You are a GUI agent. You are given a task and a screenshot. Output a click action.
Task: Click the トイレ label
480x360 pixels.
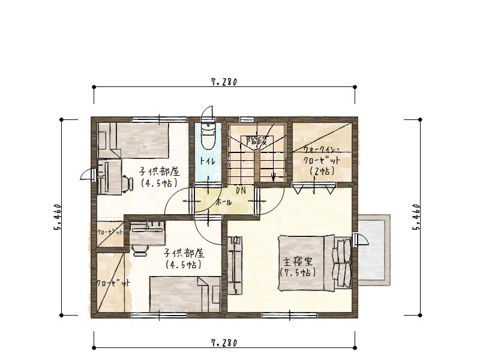coord(208,161)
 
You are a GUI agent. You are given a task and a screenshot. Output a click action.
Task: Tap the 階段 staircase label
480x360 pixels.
coord(257,141)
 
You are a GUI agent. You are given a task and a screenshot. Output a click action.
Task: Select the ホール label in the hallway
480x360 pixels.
coord(224,202)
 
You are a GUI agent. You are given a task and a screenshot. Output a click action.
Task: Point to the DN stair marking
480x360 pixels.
coord(241,190)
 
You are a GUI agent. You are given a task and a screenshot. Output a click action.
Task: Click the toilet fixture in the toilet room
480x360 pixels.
coord(208,136)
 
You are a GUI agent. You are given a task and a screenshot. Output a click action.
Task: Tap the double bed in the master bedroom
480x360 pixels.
coord(314,263)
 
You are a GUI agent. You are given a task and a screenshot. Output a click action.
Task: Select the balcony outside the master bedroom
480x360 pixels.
coord(374,250)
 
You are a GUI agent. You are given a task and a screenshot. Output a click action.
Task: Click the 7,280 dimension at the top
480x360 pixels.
coord(224,82)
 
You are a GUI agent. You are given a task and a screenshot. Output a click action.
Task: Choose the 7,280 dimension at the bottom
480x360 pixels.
coord(224,343)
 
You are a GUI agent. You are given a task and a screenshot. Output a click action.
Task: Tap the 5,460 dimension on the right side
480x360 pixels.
coord(416,217)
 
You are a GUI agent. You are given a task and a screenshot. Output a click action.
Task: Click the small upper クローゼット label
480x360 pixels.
coord(110,232)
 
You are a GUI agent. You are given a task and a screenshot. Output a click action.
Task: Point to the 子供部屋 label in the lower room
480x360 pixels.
coord(184,253)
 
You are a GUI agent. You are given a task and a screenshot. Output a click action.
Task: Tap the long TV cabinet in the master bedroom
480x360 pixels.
coord(235,265)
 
